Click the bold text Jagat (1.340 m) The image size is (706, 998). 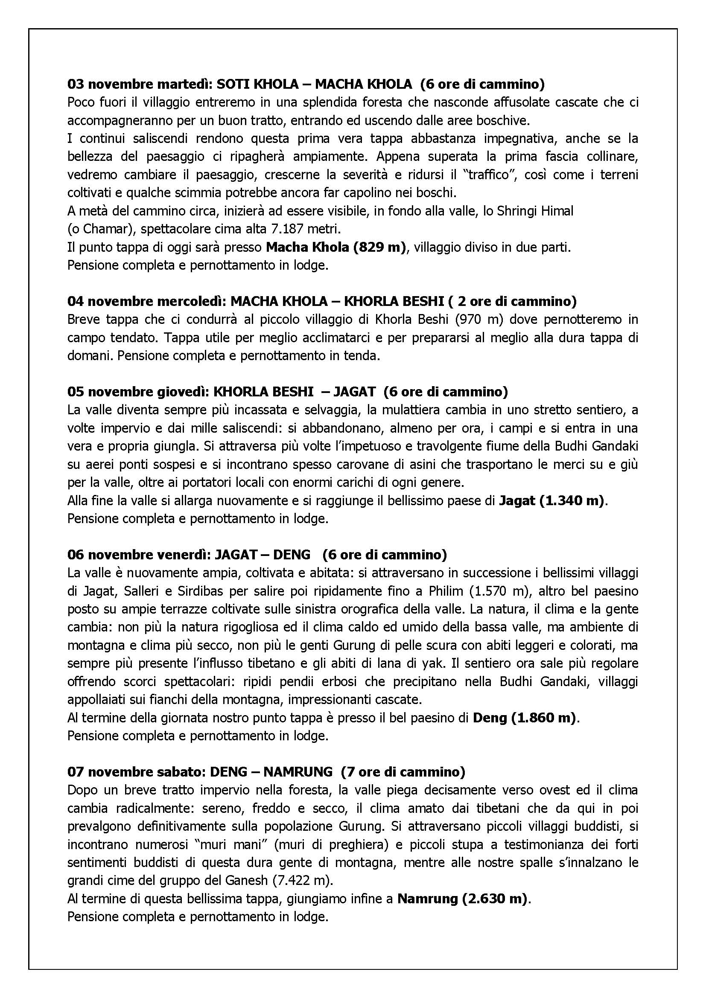click(551, 501)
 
